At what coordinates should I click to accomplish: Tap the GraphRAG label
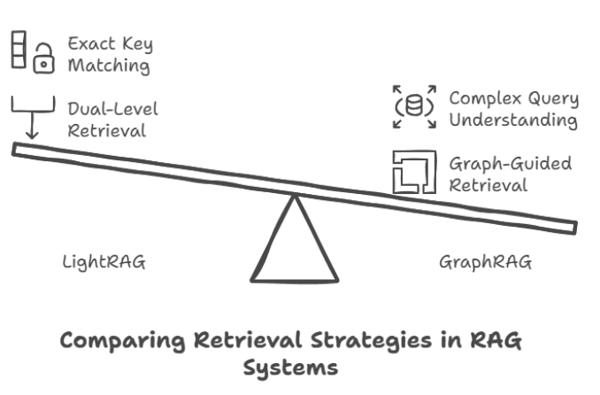click(x=485, y=263)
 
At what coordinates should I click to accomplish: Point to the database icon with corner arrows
click(x=412, y=106)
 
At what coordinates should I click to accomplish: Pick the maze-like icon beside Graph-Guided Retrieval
click(x=414, y=173)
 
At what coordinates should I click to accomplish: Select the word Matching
click(x=108, y=66)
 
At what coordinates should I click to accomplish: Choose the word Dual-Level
click(x=107, y=109)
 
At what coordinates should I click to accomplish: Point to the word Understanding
click(x=512, y=120)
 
